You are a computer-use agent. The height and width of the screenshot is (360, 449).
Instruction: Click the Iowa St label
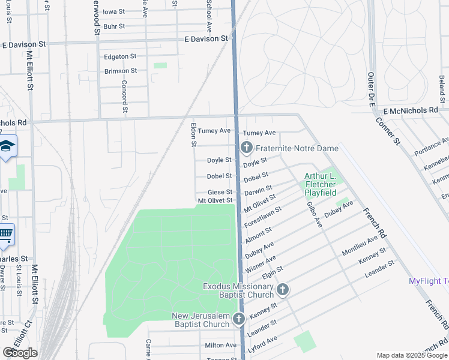114,11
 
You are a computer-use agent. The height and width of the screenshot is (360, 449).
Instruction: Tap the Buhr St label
114,26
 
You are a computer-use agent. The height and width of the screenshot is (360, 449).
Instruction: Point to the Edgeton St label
121,56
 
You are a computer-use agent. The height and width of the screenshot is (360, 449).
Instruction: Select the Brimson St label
121,71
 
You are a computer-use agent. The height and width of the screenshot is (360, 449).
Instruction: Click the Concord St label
125,97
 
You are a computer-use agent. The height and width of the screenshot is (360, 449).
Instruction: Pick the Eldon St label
193,135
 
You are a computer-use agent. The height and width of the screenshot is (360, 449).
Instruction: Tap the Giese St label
220,192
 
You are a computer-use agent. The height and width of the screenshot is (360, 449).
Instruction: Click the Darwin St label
258,190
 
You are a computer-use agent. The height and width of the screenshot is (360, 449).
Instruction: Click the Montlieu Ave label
360,244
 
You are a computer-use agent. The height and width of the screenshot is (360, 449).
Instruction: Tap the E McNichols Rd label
411,110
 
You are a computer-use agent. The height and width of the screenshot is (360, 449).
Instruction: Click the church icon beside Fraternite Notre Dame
246,148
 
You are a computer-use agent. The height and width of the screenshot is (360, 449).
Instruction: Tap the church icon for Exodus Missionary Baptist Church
282,290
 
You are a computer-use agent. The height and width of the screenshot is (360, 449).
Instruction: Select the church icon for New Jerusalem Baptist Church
238,319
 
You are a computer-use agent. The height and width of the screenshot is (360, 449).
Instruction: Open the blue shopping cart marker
5,234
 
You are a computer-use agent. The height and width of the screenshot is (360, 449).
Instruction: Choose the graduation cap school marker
7,146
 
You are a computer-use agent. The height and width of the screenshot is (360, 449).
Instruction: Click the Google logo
20,353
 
